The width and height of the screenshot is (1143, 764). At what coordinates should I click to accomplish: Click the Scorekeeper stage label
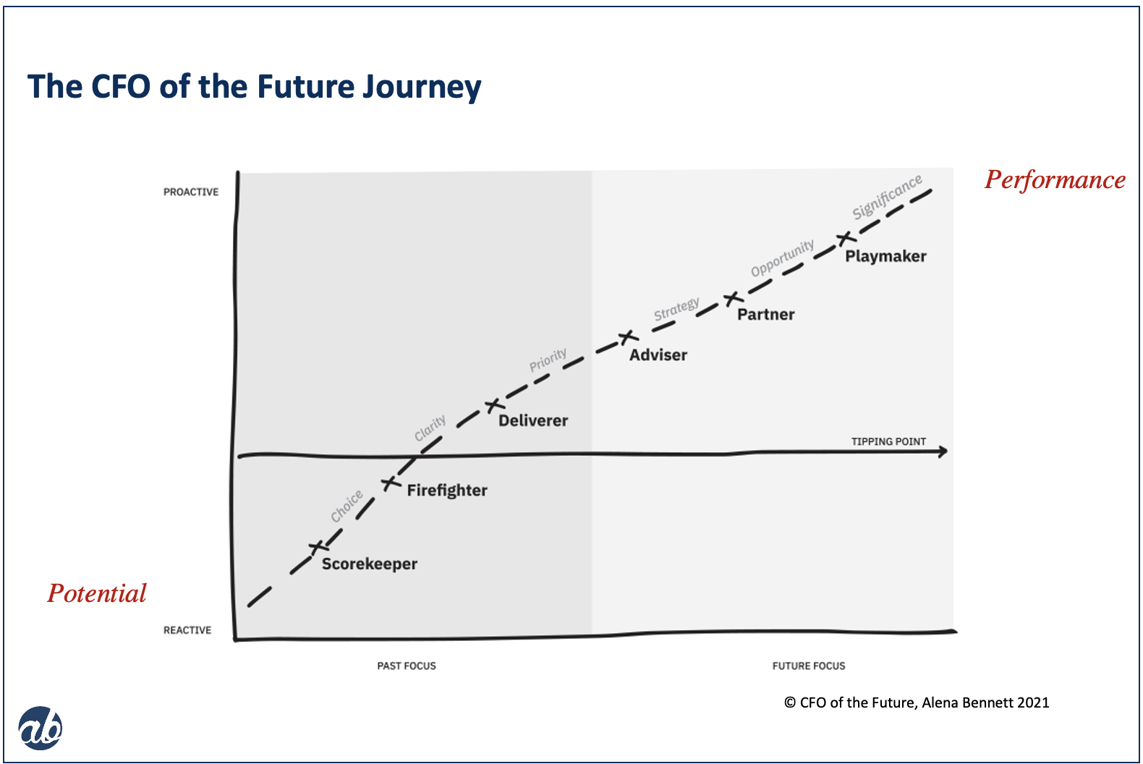(x=370, y=564)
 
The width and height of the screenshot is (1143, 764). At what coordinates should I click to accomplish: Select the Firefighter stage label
(x=447, y=491)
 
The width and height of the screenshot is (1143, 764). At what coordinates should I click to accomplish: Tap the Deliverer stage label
(x=533, y=420)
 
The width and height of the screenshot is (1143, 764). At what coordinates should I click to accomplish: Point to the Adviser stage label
(x=658, y=355)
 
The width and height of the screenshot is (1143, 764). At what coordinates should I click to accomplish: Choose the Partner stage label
(x=766, y=315)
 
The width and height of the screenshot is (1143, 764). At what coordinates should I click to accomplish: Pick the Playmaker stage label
(x=885, y=256)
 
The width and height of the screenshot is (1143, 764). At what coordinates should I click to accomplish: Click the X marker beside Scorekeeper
(x=318, y=547)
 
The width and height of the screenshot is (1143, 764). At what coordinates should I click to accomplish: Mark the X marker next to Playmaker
(x=845, y=238)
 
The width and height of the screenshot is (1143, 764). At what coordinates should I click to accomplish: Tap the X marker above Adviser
(x=628, y=337)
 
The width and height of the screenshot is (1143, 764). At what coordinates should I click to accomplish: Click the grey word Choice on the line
(x=347, y=505)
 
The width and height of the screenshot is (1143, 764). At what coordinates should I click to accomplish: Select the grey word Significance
(x=888, y=197)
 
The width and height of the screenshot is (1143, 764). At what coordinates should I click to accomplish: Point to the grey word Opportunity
(x=782, y=258)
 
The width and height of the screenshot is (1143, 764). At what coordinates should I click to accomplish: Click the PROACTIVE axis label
(x=191, y=192)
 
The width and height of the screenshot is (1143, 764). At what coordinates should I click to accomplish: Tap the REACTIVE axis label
(x=187, y=630)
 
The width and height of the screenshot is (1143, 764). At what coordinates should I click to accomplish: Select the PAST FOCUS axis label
(x=407, y=666)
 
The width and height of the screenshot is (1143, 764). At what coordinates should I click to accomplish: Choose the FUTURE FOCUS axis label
(x=809, y=666)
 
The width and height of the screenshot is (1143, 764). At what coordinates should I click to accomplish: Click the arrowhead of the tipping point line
(x=944, y=451)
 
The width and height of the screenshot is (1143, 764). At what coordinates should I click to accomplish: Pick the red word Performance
(x=1055, y=180)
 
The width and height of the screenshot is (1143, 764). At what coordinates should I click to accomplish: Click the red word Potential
(x=97, y=593)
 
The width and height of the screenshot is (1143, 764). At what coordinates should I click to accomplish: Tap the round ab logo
(x=41, y=729)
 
